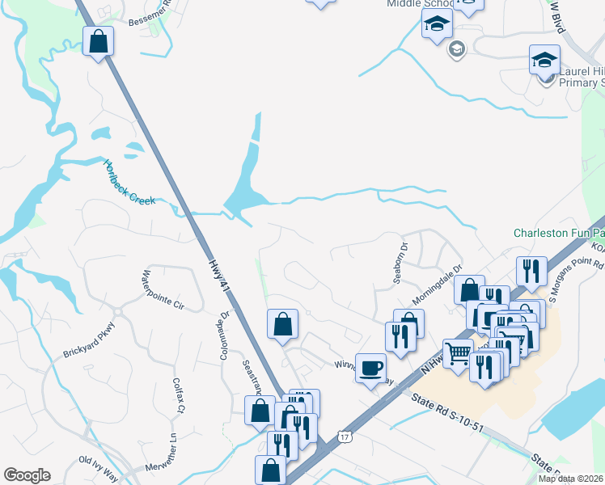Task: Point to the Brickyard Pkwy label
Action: coord(90,340)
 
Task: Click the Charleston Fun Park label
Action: coord(558,233)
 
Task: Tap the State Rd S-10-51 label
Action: coord(447,412)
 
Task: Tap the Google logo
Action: coord(27,475)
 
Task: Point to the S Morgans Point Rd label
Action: coord(577,276)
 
